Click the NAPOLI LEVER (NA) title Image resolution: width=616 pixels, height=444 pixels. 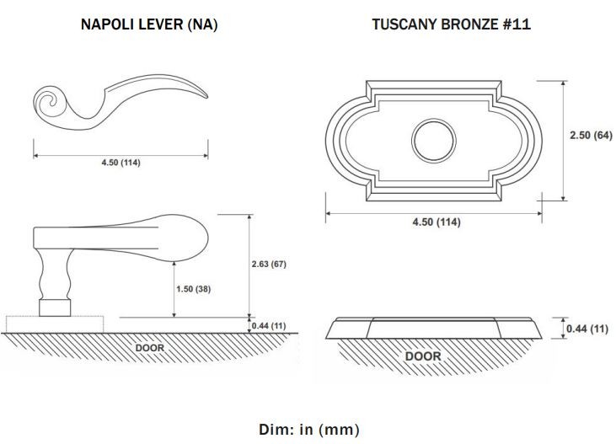(149, 24)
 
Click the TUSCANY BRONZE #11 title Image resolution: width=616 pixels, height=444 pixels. (452, 24)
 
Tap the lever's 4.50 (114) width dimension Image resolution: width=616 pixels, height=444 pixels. (121, 163)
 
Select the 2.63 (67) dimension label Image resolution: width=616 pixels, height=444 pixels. (269, 264)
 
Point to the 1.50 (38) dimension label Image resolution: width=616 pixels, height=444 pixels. (193, 289)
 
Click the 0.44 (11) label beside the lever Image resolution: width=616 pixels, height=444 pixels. (269, 326)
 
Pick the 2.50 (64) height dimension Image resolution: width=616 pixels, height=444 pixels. (592, 135)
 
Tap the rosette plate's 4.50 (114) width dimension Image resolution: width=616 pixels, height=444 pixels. (436, 222)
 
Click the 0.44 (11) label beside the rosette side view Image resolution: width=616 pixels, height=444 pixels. (587, 329)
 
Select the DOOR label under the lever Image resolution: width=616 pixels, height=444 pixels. (150, 348)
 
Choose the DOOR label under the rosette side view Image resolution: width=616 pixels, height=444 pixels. (423, 356)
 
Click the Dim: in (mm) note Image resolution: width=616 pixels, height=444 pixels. (308, 430)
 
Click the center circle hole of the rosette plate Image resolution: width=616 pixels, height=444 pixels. (434, 140)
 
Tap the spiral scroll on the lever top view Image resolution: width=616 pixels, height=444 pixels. (51, 100)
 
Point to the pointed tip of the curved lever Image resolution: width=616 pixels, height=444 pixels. (207, 97)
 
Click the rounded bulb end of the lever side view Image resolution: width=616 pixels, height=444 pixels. (189, 238)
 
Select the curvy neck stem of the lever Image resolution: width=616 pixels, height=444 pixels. (55, 275)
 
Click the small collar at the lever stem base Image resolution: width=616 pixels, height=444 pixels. (55, 308)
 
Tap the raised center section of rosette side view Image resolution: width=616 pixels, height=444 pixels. (434, 328)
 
